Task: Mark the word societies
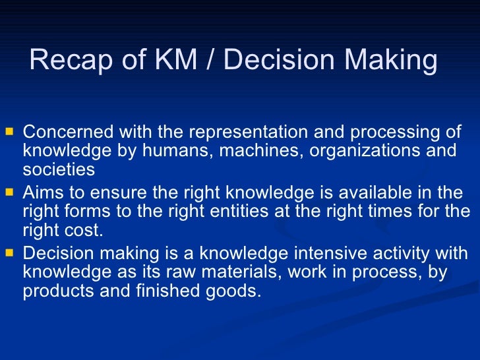(59, 169)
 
